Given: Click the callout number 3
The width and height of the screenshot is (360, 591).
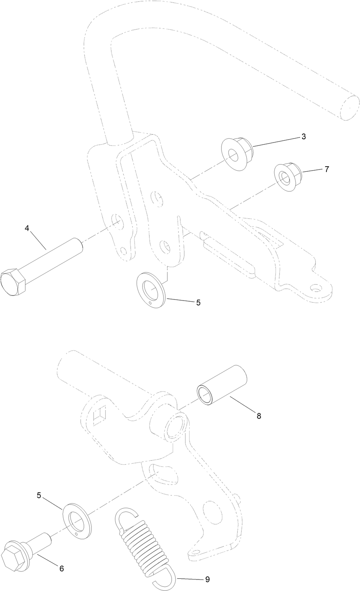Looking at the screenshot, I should pyautogui.click(x=304, y=137).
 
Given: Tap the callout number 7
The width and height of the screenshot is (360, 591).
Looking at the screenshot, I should pyautogui.click(x=327, y=169).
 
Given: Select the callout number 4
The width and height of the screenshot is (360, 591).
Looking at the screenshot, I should pyautogui.click(x=27, y=229).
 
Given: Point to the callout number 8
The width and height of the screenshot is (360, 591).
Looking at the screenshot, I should pyautogui.click(x=259, y=416).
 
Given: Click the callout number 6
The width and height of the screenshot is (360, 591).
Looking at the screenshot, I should pyautogui.click(x=61, y=568).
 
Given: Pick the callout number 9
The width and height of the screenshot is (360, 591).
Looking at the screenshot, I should pyautogui.click(x=207, y=579).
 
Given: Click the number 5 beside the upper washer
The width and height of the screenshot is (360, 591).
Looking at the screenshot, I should pyautogui.click(x=198, y=303).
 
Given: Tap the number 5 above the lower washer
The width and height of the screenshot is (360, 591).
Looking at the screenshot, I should pyautogui.click(x=39, y=495).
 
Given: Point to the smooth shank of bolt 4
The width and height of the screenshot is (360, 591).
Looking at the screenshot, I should pyautogui.click(x=54, y=258).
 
